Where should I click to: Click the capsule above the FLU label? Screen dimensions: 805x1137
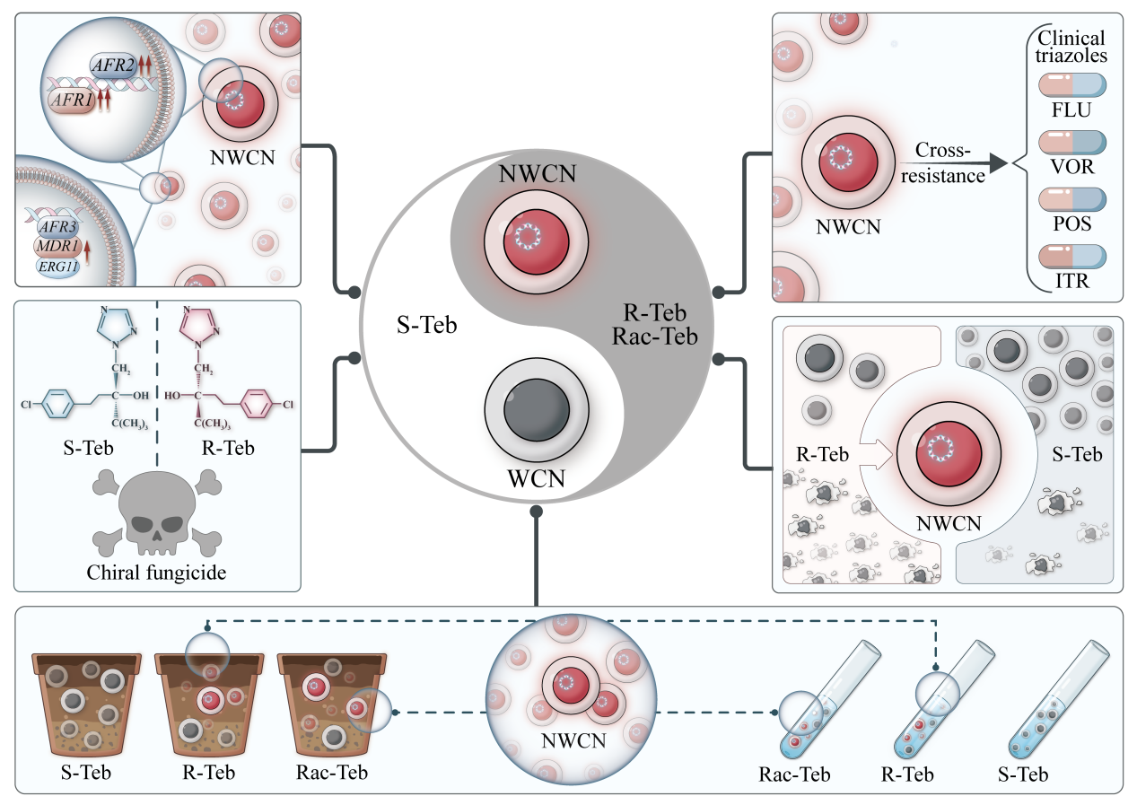[1071, 86]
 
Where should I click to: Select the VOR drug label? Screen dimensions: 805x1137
[1072, 168]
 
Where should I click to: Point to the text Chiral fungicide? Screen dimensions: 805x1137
[158, 572]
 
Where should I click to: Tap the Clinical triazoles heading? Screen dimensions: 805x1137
[1071, 47]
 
